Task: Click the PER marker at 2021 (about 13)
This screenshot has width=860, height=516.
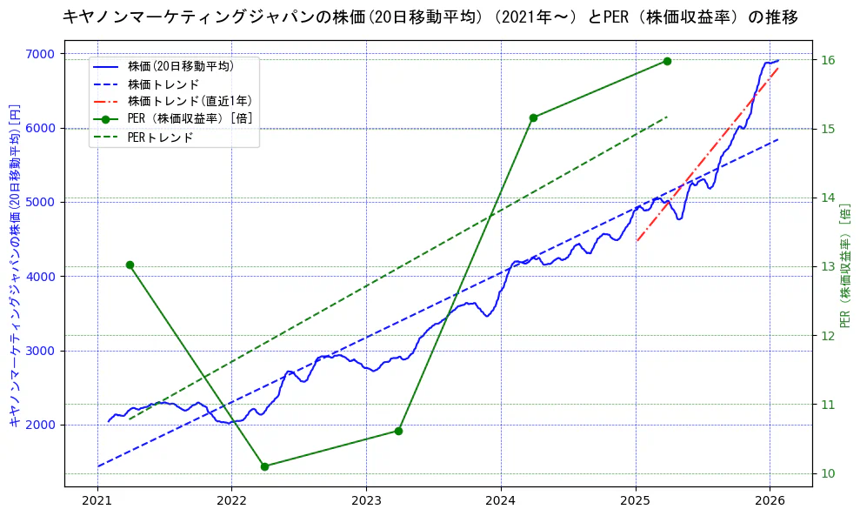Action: click(x=130, y=265)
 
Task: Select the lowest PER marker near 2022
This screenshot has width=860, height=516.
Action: click(x=264, y=466)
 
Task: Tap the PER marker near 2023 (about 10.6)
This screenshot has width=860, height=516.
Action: click(x=398, y=431)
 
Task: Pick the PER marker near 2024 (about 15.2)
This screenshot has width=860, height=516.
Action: click(x=533, y=117)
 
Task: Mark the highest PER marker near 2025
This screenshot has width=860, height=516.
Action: click(x=667, y=61)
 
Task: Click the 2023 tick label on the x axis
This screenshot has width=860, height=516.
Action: click(x=366, y=502)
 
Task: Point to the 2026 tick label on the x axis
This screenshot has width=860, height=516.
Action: click(x=770, y=502)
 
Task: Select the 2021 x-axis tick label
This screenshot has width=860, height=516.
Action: click(x=97, y=502)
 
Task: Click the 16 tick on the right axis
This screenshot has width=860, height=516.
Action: click(x=827, y=60)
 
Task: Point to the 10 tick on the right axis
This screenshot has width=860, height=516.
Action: click(x=827, y=473)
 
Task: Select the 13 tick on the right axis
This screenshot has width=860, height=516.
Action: click(x=827, y=267)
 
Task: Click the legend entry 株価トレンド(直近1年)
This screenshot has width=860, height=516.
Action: click(x=190, y=101)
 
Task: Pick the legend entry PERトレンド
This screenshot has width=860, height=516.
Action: click(x=160, y=137)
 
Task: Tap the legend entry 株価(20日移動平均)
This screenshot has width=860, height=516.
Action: click(x=180, y=65)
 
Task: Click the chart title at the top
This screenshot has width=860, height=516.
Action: click(x=430, y=17)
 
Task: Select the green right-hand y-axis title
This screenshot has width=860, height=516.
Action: click(x=845, y=265)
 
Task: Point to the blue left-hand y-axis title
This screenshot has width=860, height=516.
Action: click(x=15, y=265)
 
